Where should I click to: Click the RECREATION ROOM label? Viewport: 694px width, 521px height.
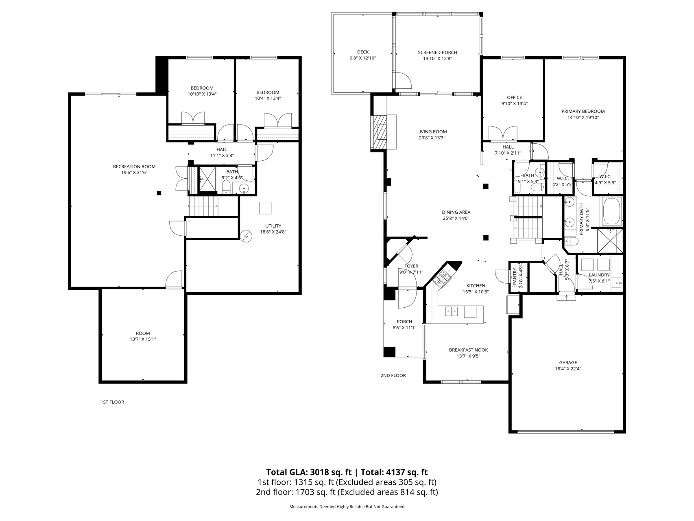(134, 166)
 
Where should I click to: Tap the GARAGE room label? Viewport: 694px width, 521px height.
(568, 363)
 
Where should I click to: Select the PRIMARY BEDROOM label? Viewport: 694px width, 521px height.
(583, 112)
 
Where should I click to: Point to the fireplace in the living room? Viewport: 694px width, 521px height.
(383, 132)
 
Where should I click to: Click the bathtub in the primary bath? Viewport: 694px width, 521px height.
(611, 211)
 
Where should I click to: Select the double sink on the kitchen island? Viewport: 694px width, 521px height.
(452, 312)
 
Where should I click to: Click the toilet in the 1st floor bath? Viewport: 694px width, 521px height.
(227, 187)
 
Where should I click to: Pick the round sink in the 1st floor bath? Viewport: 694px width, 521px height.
(244, 188)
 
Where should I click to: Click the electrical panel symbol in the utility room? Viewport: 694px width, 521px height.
(246, 236)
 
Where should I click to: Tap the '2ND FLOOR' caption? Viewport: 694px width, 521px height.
(393, 375)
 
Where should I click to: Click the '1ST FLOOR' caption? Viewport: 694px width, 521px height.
(112, 402)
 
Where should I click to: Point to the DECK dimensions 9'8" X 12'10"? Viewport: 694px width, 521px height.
(363, 58)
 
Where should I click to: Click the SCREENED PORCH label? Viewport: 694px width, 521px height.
(437, 53)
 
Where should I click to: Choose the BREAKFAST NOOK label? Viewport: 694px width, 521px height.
(468, 350)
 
